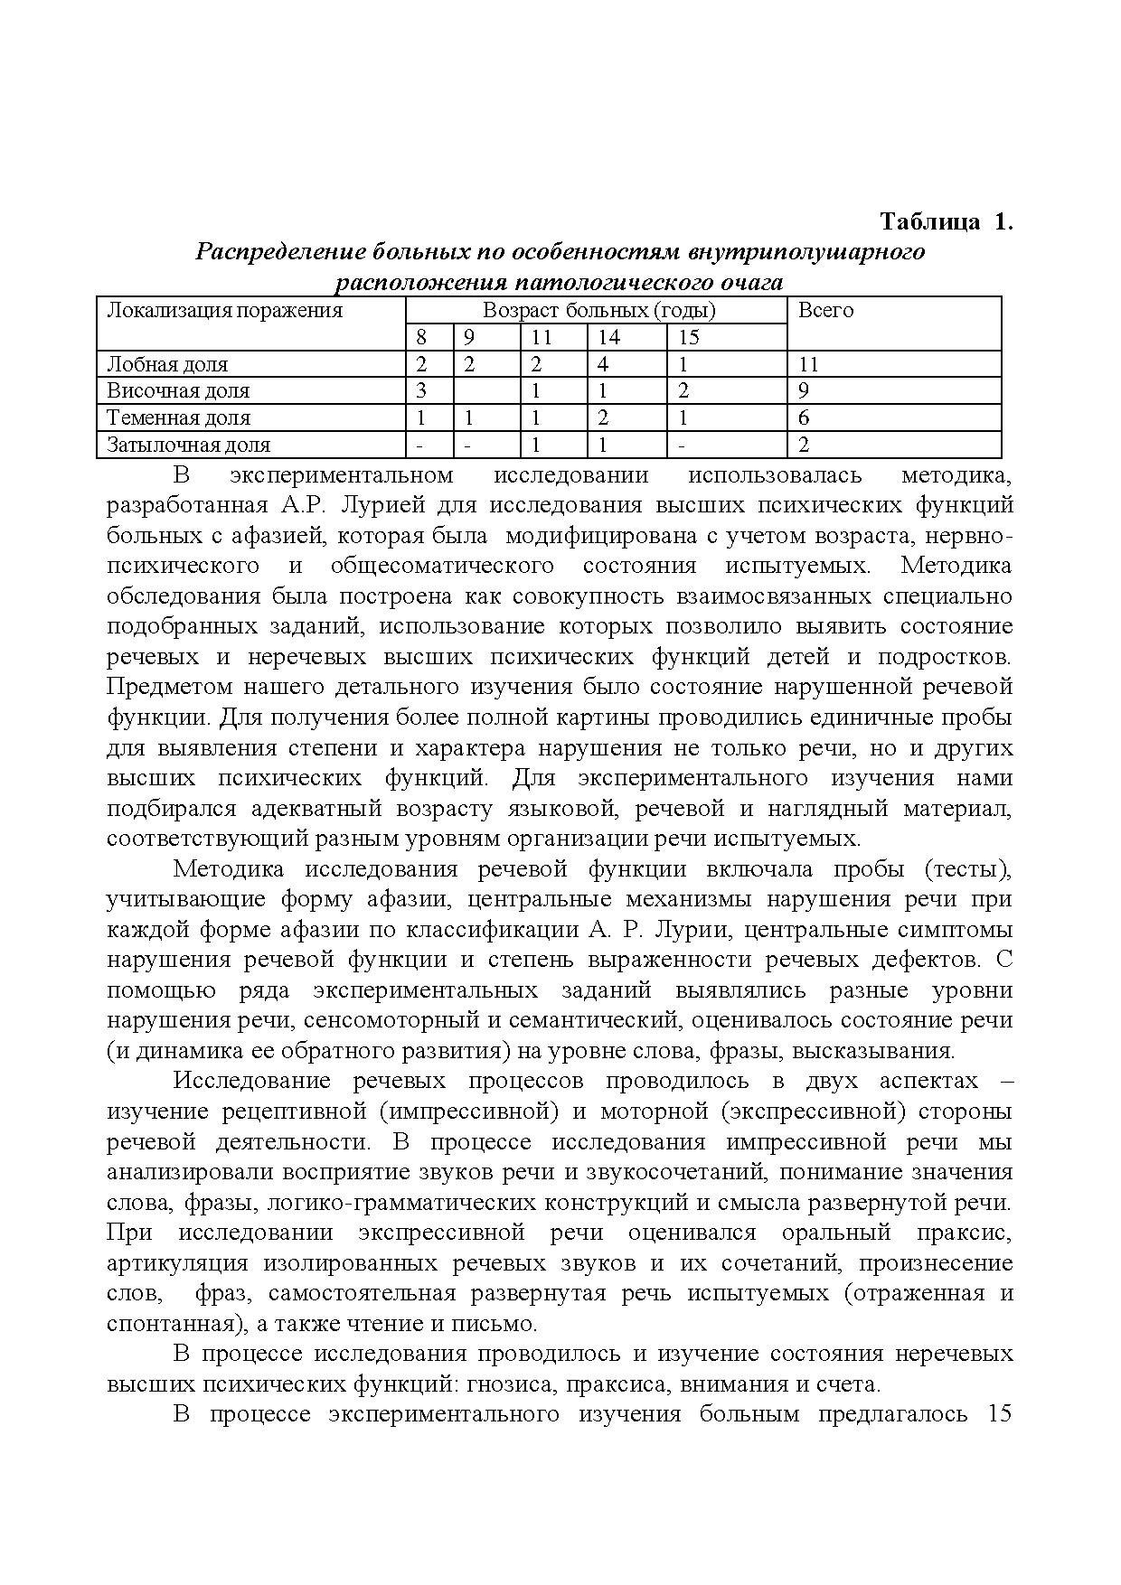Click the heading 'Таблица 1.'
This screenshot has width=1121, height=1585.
click(946, 222)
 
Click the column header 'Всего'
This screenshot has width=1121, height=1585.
click(825, 311)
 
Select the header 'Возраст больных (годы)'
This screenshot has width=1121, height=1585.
click(598, 311)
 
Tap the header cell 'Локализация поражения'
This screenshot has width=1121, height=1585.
click(225, 311)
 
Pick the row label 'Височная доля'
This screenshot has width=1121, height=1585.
click(177, 390)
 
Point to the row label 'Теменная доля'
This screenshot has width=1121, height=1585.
click(179, 417)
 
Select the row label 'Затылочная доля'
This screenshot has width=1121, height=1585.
click(188, 445)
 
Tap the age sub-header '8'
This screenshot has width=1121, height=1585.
click(420, 338)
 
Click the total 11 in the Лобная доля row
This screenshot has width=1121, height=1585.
click(808, 364)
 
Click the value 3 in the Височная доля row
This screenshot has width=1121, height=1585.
click(420, 390)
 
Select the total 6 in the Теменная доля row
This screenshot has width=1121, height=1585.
click(804, 417)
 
